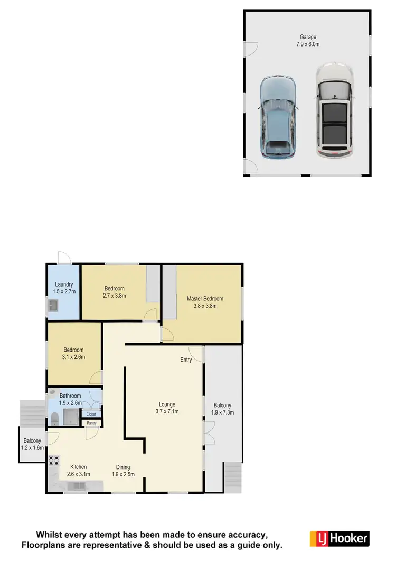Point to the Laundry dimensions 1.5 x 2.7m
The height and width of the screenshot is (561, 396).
[64, 291]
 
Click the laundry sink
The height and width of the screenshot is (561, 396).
[53, 305]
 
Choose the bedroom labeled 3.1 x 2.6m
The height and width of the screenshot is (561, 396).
[74, 353]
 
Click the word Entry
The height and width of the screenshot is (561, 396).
[186, 360]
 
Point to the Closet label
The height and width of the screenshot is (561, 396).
[91, 414]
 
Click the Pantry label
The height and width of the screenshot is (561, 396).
[91, 423]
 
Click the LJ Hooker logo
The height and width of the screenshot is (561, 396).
[338, 539]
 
